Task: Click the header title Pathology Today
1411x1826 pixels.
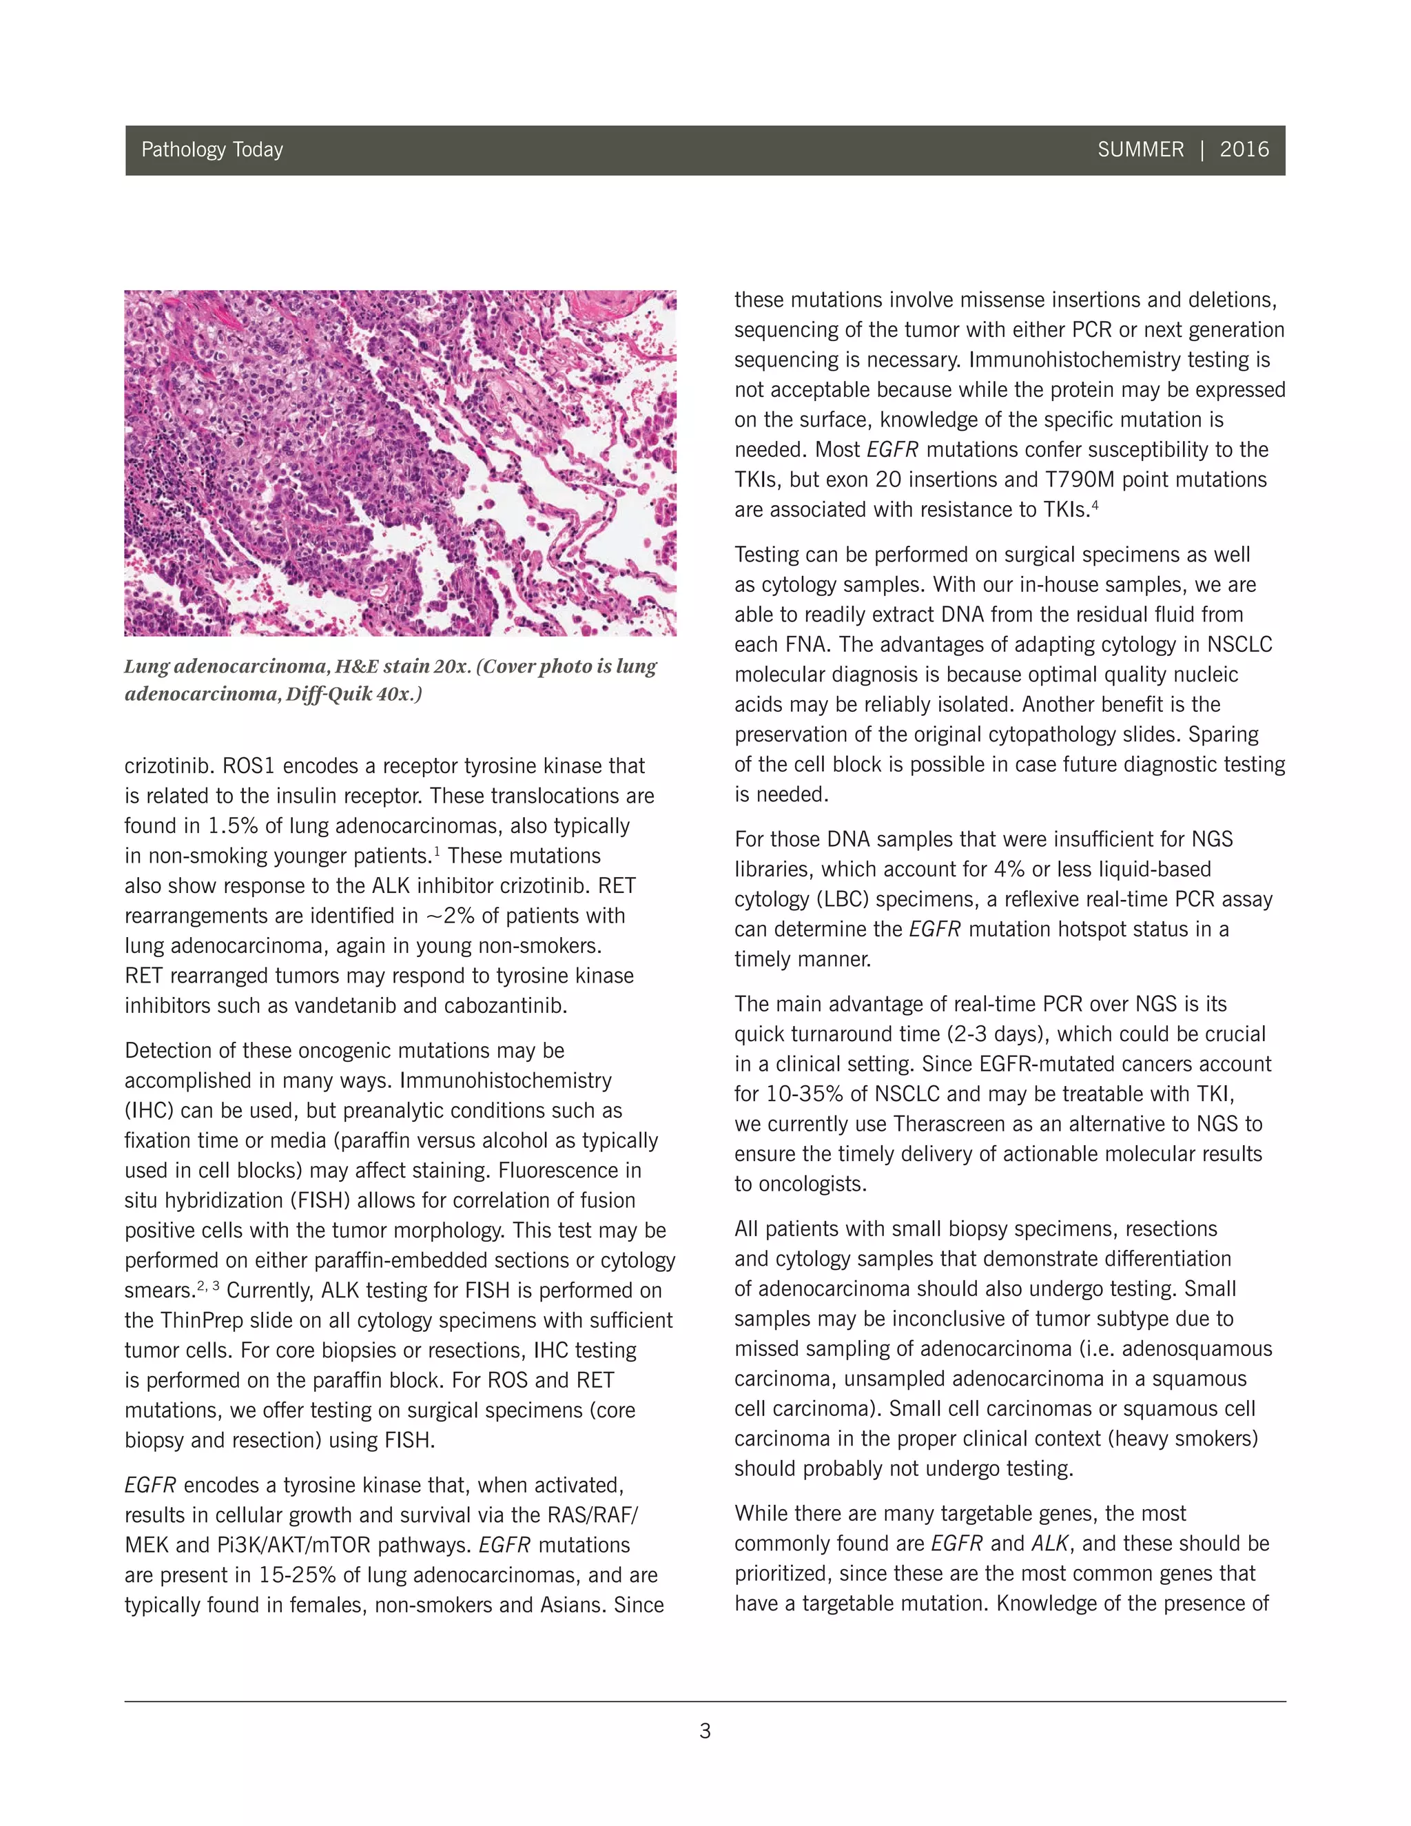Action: pyautogui.click(x=212, y=150)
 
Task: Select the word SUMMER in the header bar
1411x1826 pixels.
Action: pyautogui.click(x=1140, y=150)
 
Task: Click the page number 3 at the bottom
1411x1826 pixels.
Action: pyautogui.click(x=705, y=1731)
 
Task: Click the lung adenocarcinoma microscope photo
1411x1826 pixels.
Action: pyautogui.click(x=400, y=462)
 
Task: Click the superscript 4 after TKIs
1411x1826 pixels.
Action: pyautogui.click(x=1095, y=505)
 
